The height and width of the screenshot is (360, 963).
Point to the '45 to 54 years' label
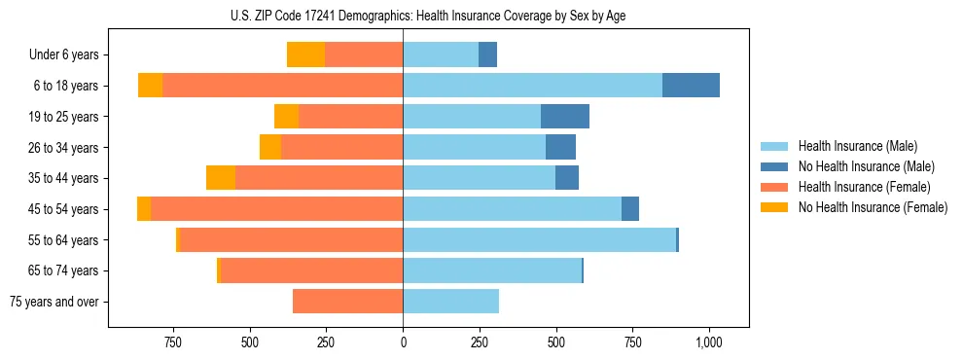(x=63, y=209)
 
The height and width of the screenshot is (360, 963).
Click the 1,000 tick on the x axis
(x=708, y=342)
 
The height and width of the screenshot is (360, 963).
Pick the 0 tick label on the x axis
(x=403, y=342)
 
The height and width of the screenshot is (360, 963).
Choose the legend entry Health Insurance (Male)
(x=857, y=146)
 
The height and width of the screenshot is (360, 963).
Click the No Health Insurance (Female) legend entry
(x=872, y=207)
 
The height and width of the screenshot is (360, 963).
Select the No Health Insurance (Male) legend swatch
(x=775, y=166)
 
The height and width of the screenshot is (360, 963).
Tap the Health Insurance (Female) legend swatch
(x=775, y=187)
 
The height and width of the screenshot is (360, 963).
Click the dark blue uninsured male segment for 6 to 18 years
(x=691, y=86)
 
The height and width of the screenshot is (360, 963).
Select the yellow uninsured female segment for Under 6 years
(x=305, y=54)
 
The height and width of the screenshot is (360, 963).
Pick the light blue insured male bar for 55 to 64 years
(x=539, y=239)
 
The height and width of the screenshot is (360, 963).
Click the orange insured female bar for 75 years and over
(x=347, y=302)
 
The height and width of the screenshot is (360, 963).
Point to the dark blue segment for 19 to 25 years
(x=565, y=117)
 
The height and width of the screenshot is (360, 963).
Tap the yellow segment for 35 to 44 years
(x=221, y=178)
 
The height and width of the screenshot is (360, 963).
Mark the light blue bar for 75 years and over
(x=450, y=302)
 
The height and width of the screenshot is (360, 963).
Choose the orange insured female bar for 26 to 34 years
(x=341, y=147)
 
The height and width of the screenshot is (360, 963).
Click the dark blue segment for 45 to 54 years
(x=630, y=209)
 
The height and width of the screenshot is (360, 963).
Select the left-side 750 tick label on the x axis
(x=172, y=342)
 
